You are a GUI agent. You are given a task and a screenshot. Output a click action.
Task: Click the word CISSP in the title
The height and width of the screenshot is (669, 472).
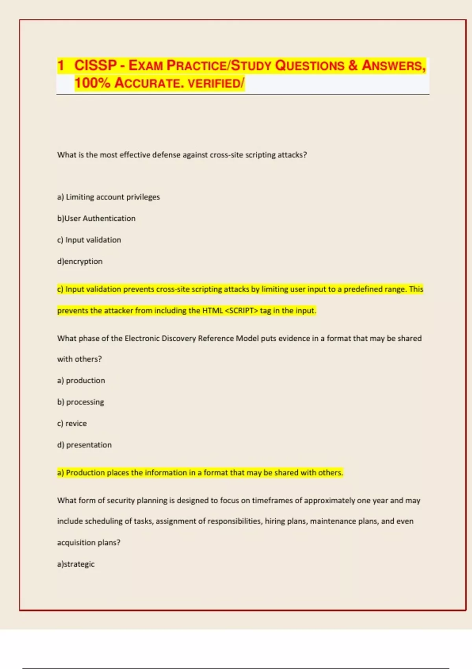click(x=96, y=65)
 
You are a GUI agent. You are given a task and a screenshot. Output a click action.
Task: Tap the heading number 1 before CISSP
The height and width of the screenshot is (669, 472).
click(x=61, y=65)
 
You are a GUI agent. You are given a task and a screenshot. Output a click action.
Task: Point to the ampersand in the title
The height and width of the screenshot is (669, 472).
click(x=353, y=65)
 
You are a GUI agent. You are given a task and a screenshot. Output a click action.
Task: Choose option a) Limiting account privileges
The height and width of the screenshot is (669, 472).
click(x=109, y=197)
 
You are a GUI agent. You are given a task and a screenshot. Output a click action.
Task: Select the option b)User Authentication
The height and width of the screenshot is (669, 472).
click(x=96, y=218)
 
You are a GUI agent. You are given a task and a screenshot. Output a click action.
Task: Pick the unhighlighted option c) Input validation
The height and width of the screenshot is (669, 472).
click(x=89, y=240)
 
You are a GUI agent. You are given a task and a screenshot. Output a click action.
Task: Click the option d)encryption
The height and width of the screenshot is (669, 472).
click(x=80, y=261)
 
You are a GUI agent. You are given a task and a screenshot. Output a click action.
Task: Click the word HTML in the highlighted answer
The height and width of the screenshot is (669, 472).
click(x=212, y=310)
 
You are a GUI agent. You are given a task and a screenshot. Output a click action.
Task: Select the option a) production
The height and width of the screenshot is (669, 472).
click(x=81, y=381)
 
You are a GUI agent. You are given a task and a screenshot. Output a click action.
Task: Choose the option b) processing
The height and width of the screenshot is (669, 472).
click(x=81, y=402)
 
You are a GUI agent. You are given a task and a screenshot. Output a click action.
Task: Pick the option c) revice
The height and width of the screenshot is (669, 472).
click(x=72, y=423)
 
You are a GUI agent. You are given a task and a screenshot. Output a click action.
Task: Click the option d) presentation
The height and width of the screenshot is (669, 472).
click(x=85, y=445)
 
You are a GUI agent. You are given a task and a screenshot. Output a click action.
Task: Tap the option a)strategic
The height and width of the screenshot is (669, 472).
click(x=76, y=564)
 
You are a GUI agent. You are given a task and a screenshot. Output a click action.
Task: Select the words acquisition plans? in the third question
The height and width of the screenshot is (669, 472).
click(x=88, y=543)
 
